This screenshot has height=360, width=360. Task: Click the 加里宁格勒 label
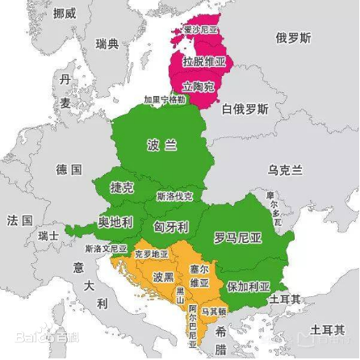164,99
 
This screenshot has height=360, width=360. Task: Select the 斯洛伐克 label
175,196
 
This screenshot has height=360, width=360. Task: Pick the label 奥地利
115,221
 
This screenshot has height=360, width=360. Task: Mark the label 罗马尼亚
237,237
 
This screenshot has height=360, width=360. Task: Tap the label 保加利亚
248,286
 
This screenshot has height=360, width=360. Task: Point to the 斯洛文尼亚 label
105,249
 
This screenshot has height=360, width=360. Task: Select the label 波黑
163,277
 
